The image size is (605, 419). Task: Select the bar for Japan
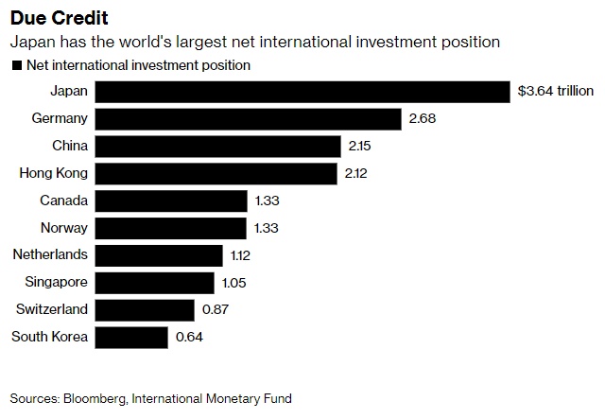(x=302, y=92)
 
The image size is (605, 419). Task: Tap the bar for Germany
(x=248, y=119)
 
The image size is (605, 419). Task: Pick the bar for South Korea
(x=131, y=337)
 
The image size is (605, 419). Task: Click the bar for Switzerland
(x=144, y=309)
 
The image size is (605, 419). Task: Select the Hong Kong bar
(x=216, y=174)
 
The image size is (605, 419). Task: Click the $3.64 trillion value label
(x=556, y=92)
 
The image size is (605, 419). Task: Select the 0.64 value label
(x=189, y=337)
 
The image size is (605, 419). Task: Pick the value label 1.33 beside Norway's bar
(x=267, y=228)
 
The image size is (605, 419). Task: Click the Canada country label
(x=63, y=201)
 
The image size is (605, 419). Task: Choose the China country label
(x=70, y=147)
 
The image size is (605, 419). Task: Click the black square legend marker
(x=15, y=66)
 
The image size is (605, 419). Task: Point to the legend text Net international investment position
(x=138, y=65)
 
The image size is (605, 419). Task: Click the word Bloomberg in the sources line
(x=99, y=398)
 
